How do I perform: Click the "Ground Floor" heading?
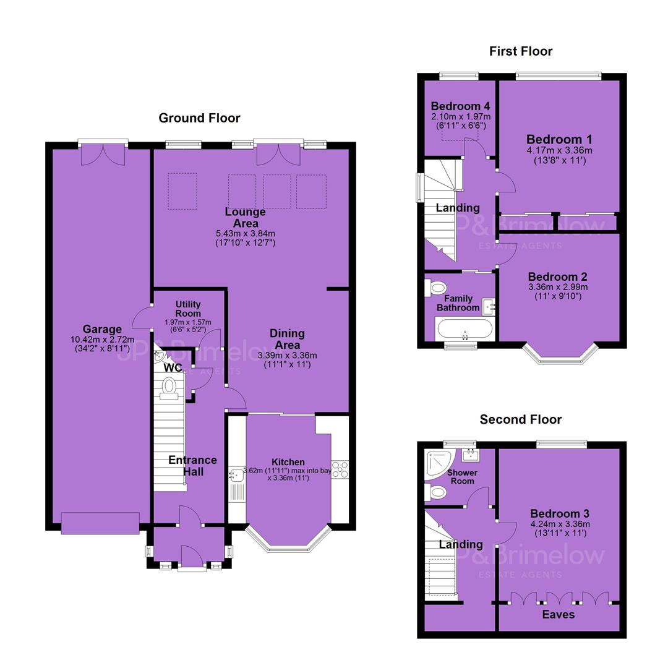199,118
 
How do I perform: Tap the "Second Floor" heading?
521,419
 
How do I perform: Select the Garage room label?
102,329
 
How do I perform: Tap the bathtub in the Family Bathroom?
465,330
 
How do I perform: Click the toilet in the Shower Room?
436,492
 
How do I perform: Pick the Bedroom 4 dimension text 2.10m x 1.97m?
461,116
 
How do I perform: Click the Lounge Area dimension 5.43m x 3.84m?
246,233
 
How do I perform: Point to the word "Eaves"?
558,614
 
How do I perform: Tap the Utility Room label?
188,309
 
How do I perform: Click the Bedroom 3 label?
560,513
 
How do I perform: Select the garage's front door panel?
100,523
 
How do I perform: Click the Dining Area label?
287,339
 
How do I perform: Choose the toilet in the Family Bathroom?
435,288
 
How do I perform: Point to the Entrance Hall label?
192,466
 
